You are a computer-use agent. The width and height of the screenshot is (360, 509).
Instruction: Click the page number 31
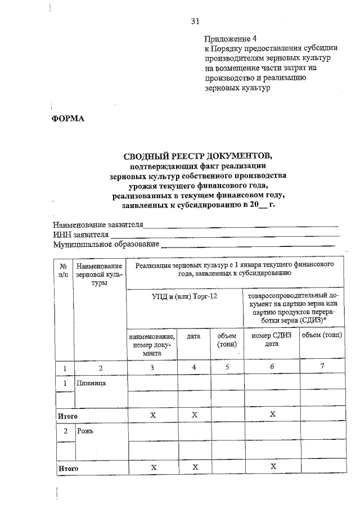195,22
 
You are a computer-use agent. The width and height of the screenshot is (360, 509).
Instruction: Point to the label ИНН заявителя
80,235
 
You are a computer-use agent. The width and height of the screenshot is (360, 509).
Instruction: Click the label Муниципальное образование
106,244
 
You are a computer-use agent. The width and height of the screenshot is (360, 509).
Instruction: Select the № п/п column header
64,270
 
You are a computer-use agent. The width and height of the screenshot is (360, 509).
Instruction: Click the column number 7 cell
322,367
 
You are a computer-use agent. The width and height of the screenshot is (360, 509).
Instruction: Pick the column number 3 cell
152,367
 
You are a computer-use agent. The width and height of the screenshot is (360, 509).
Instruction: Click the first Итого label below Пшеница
68,416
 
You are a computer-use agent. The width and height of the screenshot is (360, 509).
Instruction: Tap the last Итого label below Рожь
68,468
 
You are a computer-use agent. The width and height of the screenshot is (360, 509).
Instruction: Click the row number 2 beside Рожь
65,431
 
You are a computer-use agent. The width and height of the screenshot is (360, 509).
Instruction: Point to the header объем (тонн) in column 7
322,336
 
